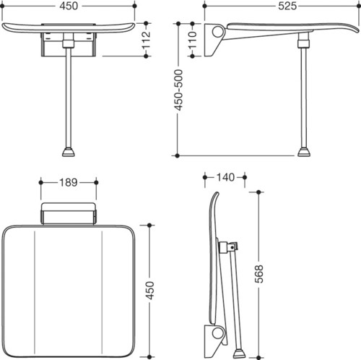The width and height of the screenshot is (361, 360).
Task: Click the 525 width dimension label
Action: pos(287,6)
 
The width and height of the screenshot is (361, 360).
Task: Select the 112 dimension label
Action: pos(146,40)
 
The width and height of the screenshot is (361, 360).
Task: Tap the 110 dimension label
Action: pos(192,40)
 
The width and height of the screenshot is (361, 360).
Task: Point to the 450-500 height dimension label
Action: pos(178,90)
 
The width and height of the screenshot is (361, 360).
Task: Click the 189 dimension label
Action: pos(69,182)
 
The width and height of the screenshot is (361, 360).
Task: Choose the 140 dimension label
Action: pos(225,177)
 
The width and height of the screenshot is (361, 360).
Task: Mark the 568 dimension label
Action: pos(259,274)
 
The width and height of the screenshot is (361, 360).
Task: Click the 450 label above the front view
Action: pos(69,6)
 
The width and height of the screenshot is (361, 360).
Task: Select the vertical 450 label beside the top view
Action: pos(149,291)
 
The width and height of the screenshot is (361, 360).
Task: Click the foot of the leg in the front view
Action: pos(69,152)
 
